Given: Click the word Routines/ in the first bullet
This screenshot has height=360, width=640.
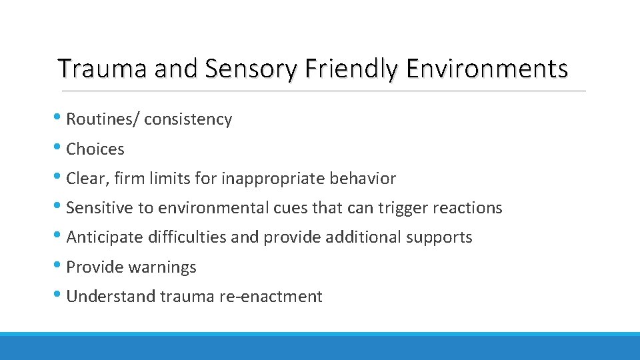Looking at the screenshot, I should (103, 120).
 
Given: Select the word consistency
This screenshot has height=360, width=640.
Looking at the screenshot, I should (188, 120).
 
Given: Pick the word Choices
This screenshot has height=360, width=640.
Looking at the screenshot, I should (95, 149).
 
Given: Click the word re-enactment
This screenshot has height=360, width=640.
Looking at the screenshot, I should (270, 297).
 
